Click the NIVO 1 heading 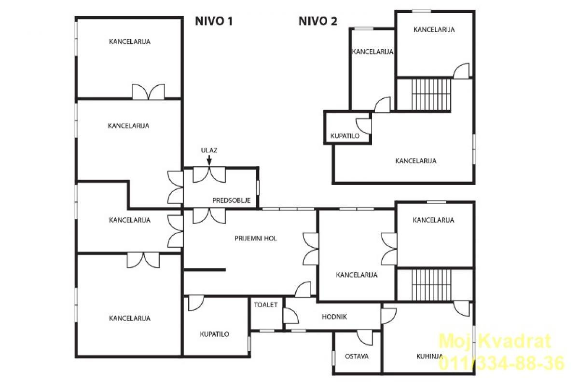pos(214,21)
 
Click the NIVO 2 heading pos(318,21)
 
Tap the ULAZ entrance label pos(209,150)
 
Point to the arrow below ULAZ pos(209,160)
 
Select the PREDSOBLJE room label pos(231,200)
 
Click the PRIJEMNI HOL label pos(256,239)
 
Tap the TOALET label pos(266,305)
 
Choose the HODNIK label pos(334,317)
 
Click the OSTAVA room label pos(357,357)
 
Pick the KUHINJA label pos(429,357)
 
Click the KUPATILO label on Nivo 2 pos(345,136)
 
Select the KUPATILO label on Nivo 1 pos(214,334)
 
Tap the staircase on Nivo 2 pos(431,94)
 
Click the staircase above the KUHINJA pos(431,285)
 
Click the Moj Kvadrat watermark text pos(495,341)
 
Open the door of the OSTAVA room pos(365,338)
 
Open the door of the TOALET pos(291,316)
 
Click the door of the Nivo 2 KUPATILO pos(364,126)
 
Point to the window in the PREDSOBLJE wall pos(258,188)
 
